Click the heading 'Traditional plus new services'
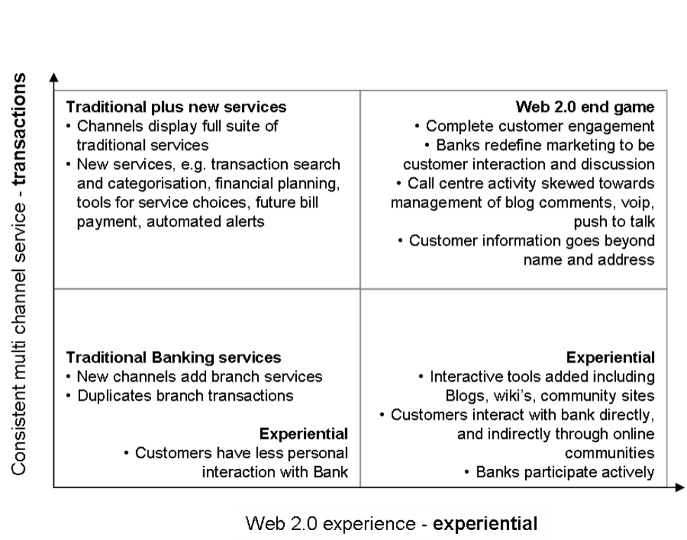(176, 107)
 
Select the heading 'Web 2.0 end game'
(585, 107)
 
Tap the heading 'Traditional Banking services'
(174, 357)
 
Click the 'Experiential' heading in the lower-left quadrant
(304, 434)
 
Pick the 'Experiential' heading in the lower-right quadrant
(610, 357)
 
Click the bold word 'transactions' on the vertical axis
(19, 129)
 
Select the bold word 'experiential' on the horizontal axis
(485, 524)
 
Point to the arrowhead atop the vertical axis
(53, 77)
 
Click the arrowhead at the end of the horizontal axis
(679, 487)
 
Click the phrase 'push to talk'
(615, 221)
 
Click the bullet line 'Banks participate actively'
(560, 472)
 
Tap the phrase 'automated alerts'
(205, 221)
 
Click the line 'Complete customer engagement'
(534, 126)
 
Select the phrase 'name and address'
(589, 259)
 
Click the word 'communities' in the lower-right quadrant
(610, 453)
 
